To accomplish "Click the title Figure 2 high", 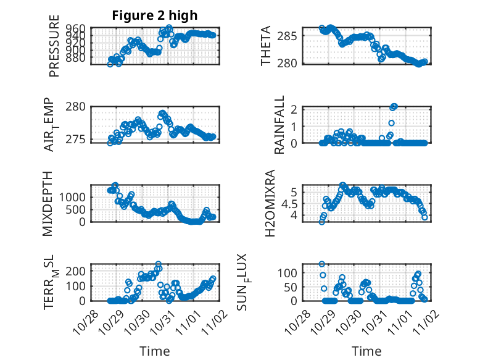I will tap(154, 15).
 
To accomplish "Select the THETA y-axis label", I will tap(266, 46).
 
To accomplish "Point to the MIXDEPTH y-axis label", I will tap(49, 204).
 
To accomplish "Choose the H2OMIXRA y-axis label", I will tap(270, 204).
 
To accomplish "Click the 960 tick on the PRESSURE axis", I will tap(77, 29).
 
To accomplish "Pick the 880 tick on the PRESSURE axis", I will tap(77, 58).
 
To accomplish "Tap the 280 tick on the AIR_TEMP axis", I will tap(77, 107).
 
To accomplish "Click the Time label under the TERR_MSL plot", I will tap(154, 351).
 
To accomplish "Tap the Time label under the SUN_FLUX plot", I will tap(366, 351).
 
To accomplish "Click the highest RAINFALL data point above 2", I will tap(394, 106).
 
